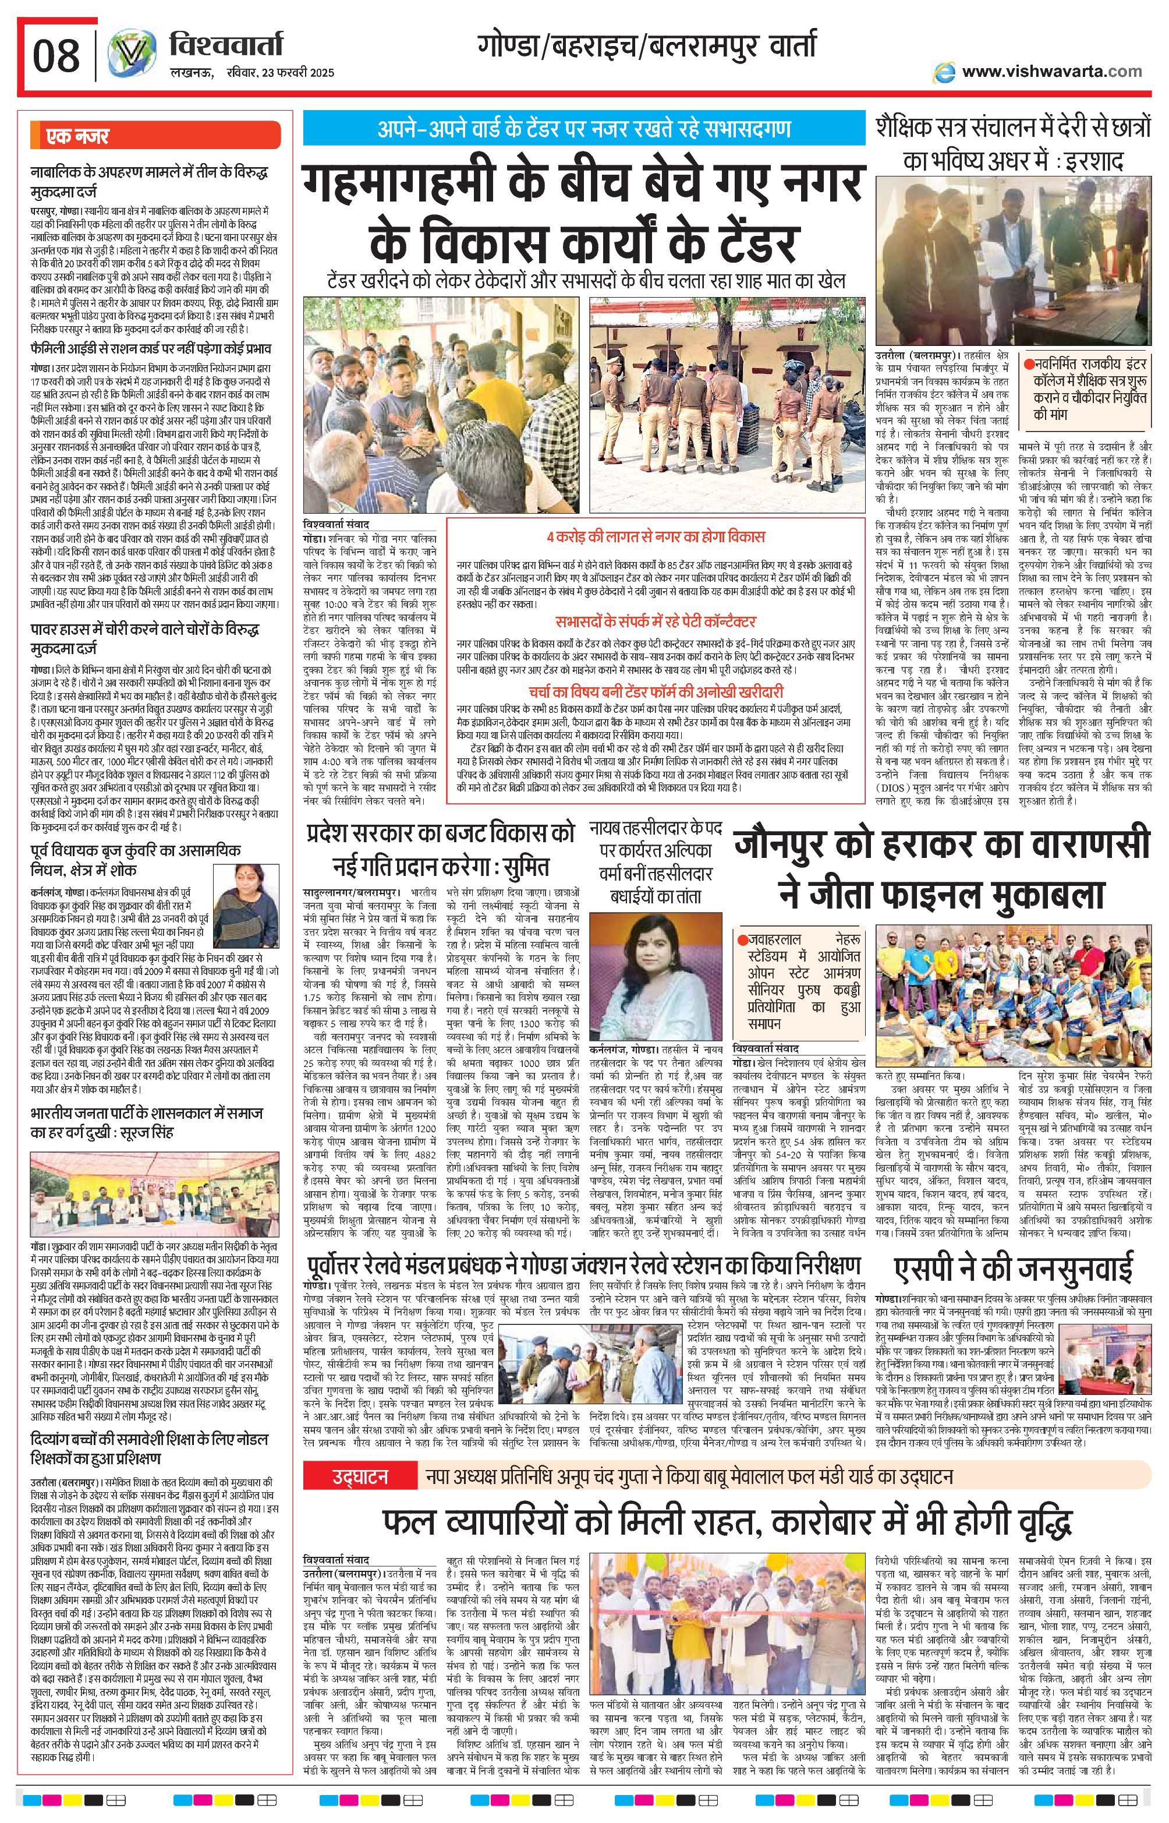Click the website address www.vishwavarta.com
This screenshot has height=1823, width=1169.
(x=1051, y=72)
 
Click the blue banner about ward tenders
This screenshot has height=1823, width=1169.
(x=584, y=128)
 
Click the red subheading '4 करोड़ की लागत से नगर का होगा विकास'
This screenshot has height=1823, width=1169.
(x=656, y=537)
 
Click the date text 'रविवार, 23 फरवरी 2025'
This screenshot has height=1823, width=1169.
(x=280, y=73)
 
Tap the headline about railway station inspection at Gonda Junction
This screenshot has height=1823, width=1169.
(x=584, y=1265)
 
